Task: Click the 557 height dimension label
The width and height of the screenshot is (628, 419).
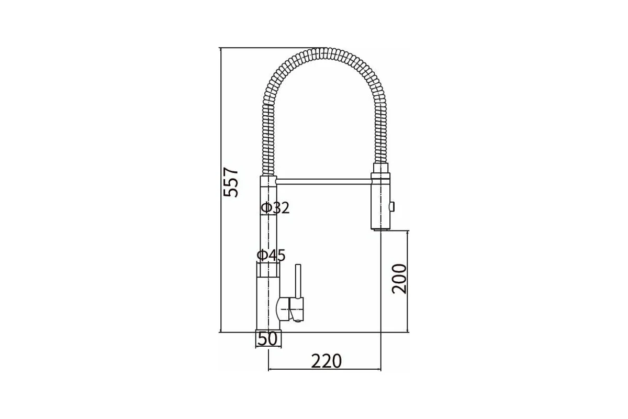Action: [x=231, y=182]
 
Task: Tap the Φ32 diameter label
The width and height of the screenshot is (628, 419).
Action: [x=275, y=208]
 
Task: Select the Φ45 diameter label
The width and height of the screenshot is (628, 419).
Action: [x=271, y=256]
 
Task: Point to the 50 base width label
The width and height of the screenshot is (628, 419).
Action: [x=267, y=339]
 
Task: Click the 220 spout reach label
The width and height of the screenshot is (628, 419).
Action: [x=327, y=361]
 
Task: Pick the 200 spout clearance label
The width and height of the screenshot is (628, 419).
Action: [x=399, y=279]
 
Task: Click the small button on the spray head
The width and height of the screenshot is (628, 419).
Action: [x=392, y=206]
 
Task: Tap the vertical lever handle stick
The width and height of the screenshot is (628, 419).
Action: [x=298, y=281]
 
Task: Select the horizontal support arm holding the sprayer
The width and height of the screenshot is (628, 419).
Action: [x=324, y=182]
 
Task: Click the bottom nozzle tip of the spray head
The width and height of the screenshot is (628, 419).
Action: [x=380, y=229]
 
